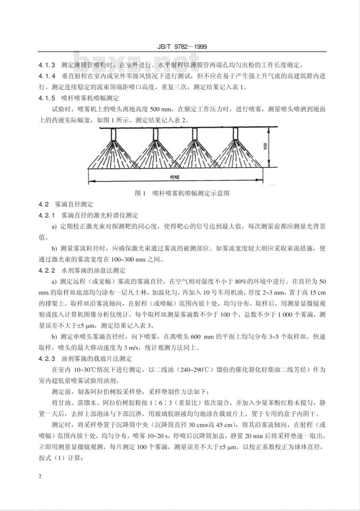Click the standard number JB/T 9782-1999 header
point(183,47)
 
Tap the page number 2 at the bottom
point(40,476)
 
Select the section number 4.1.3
point(47,65)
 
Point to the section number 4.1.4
point(47,76)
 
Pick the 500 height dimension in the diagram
point(265,146)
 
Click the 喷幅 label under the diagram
point(175,177)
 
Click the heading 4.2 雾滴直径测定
point(66,204)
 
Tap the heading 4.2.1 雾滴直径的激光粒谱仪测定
point(88,216)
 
